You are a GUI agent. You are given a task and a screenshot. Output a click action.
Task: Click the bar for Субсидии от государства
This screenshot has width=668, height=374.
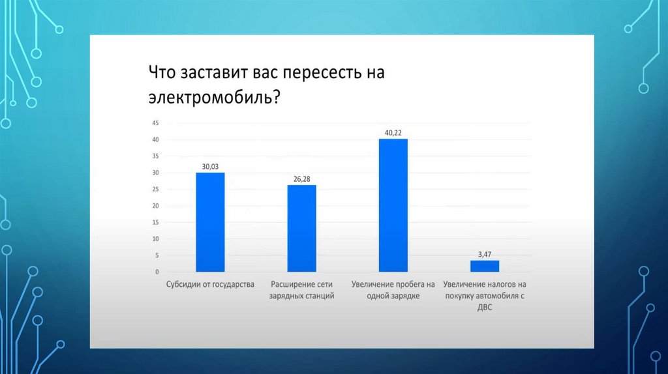(x=210, y=222)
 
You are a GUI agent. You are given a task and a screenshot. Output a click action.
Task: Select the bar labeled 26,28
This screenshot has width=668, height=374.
(x=301, y=228)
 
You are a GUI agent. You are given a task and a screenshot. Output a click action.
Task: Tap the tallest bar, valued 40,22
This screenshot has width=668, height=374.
(x=393, y=205)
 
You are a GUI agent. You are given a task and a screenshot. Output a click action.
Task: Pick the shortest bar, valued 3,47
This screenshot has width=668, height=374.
(x=485, y=266)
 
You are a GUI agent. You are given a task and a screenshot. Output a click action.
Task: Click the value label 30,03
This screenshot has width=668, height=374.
(x=210, y=167)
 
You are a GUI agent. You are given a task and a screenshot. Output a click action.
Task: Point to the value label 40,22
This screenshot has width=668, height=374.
(x=393, y=133)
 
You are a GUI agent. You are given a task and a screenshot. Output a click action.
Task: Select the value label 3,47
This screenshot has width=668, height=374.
(x=485, y=254)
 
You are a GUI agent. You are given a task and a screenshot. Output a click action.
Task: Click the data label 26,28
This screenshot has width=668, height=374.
(x=301, y=179)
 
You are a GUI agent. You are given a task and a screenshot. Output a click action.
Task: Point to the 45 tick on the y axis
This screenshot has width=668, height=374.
(x=155, y=123)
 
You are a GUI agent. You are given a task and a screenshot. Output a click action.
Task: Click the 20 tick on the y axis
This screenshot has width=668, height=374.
(x=155, y=206)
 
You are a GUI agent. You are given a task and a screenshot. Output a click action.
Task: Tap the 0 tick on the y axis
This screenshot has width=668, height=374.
(x=157, y=272)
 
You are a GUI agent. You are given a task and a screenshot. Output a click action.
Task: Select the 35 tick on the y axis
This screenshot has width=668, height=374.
(x=155, y=156)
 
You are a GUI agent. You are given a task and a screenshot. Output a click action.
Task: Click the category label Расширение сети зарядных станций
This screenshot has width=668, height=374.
(x=301, y=290)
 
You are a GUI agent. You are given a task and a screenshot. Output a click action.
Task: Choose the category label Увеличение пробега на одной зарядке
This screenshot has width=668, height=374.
(x=393, y=290)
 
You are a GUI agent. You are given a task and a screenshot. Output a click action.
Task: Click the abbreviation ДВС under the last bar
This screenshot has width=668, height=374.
(x=485, y=307)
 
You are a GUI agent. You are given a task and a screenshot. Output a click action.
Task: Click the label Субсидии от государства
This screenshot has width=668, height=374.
(x=210, y=285)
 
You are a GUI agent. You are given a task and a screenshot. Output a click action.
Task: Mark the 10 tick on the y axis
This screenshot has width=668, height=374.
(x=155, y=239)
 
